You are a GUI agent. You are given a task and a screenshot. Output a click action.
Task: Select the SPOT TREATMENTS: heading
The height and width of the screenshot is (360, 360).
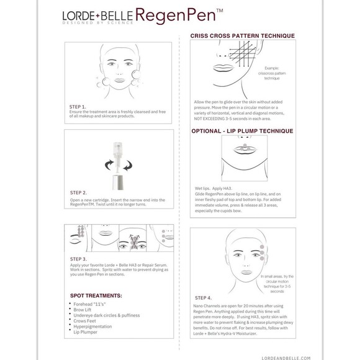(x=96, y=295)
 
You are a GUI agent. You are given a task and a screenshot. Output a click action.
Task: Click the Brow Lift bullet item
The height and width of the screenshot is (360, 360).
(x=86, y=310)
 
